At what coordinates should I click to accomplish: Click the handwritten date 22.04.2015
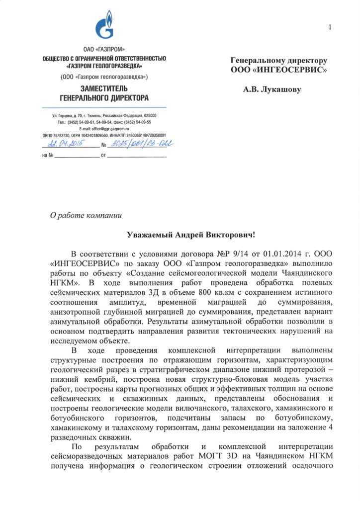(x=64, y=145)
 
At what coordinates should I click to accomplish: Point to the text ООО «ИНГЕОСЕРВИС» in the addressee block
(x=279, y=71)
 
